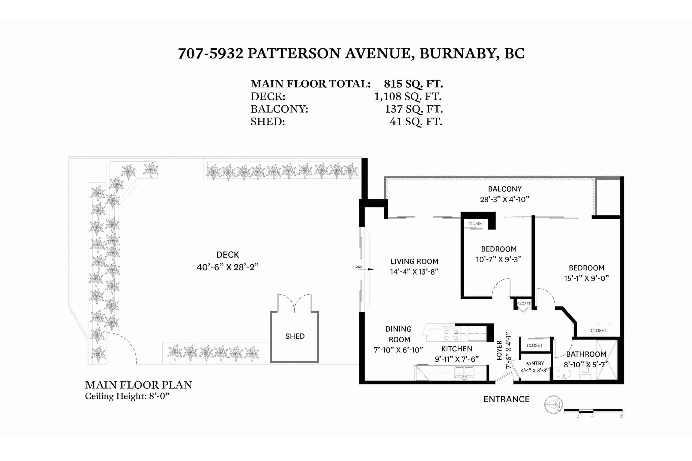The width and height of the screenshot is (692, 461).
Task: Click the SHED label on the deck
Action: pos(295,336)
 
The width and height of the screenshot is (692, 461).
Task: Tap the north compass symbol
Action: pos(554,405)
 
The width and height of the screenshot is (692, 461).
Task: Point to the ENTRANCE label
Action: pos(506,399)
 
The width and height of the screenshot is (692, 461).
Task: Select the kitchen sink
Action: pos(464,372)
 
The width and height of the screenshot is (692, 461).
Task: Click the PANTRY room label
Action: pos(535,363)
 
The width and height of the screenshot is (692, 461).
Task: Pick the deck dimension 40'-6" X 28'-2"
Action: pos(227,267)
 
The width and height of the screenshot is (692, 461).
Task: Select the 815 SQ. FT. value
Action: pos(413,84)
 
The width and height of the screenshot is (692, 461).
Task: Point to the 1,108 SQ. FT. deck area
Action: pos(408,96)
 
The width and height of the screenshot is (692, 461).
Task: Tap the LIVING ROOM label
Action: pos(414,261)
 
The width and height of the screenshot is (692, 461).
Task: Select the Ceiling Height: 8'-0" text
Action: pos(127,396)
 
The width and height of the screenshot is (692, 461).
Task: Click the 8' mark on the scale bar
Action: pos(622,416)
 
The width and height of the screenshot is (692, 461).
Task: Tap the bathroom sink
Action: pos(564,374)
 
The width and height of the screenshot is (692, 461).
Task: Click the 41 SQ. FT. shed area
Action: pos(416,122)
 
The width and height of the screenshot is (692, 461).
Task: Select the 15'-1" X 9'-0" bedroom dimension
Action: pos(586,278)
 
